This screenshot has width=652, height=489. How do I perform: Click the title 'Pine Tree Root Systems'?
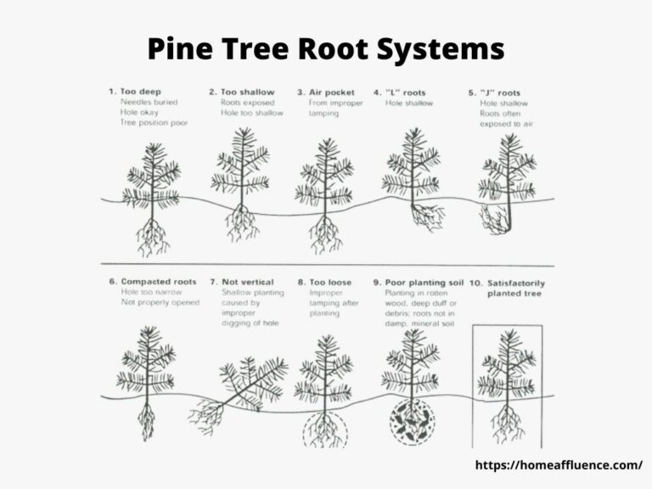pos(326,49)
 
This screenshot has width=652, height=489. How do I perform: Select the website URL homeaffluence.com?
pos(556,464)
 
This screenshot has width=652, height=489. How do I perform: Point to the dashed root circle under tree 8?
pos(325,427)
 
